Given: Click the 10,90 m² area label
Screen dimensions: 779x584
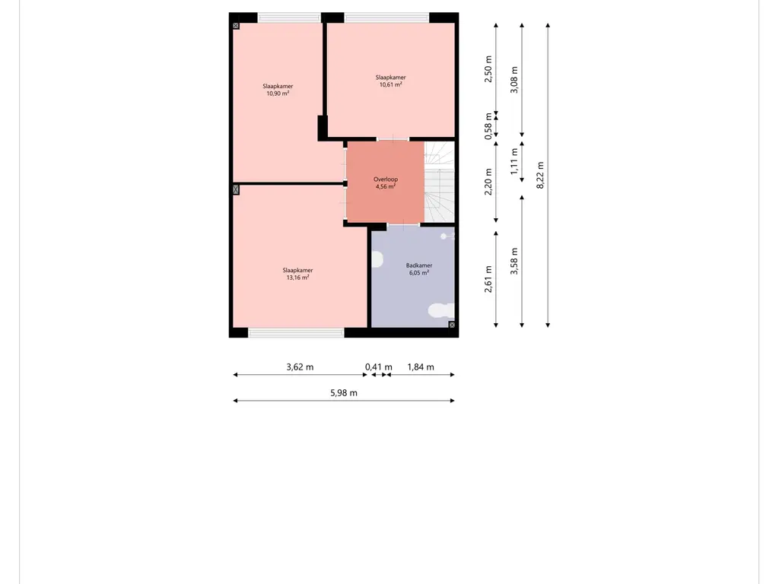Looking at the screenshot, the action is coord(278,94).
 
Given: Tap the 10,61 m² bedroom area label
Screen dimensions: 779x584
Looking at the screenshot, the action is coord(390,84).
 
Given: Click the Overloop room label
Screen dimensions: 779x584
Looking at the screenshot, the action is coord(386,179).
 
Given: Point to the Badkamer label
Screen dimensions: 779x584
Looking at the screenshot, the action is coord(419,265).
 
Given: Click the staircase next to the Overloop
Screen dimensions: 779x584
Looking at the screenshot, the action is coord(439,182).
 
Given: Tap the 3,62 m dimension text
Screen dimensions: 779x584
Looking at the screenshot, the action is coord(300,367).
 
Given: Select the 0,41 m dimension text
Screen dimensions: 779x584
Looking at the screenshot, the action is coord(379,367).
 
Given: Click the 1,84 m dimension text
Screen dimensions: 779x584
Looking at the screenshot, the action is coord(421,367).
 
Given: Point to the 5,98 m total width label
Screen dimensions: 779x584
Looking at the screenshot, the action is coord(344,393).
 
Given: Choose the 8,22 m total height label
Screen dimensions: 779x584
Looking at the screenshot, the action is coord(541,175).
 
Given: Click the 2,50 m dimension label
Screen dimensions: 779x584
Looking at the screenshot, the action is coord(488,69).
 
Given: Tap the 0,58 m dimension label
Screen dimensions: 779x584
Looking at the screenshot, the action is coord(488,126).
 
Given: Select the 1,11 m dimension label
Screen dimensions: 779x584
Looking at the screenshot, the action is coord(514,161).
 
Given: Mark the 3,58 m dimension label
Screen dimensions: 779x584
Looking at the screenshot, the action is coord(514,261).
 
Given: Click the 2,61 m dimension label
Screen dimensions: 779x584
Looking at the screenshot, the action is coord(488,279).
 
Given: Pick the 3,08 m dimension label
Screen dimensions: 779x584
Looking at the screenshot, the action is coord(514,79).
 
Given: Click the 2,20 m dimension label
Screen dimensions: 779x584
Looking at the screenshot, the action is coord(488,182).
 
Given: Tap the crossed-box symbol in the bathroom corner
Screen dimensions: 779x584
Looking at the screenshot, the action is coord(452,325).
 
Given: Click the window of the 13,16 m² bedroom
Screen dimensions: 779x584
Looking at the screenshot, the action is coord(296,333).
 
